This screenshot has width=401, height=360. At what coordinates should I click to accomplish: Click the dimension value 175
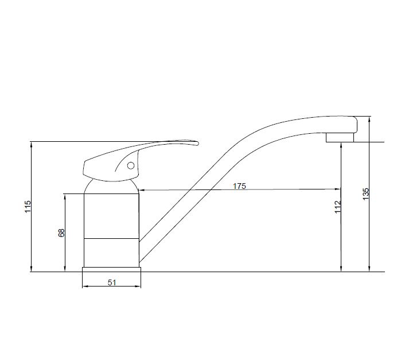[239, 186]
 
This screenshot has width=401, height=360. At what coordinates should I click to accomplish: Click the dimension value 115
[28, 206]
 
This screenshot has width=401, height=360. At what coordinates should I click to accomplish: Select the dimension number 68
[61, 233]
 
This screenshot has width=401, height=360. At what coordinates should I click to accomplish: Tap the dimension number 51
[112, 282]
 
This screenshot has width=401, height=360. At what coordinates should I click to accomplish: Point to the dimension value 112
[338, 206]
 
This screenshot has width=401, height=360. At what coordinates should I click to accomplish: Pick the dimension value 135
[366, 194]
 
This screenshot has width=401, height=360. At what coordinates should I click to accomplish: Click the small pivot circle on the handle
[131, 166]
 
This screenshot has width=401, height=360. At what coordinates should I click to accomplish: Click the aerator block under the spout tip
[340, 137]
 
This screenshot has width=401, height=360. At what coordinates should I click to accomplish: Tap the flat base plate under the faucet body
[111, 269]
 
